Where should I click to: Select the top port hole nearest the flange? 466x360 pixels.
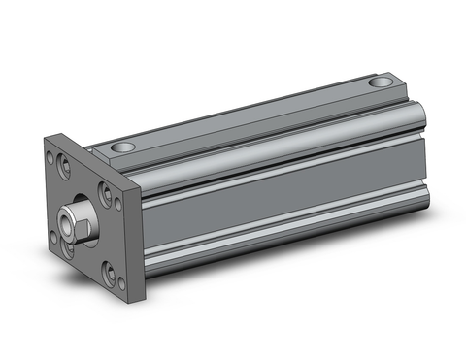[122, 147]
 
